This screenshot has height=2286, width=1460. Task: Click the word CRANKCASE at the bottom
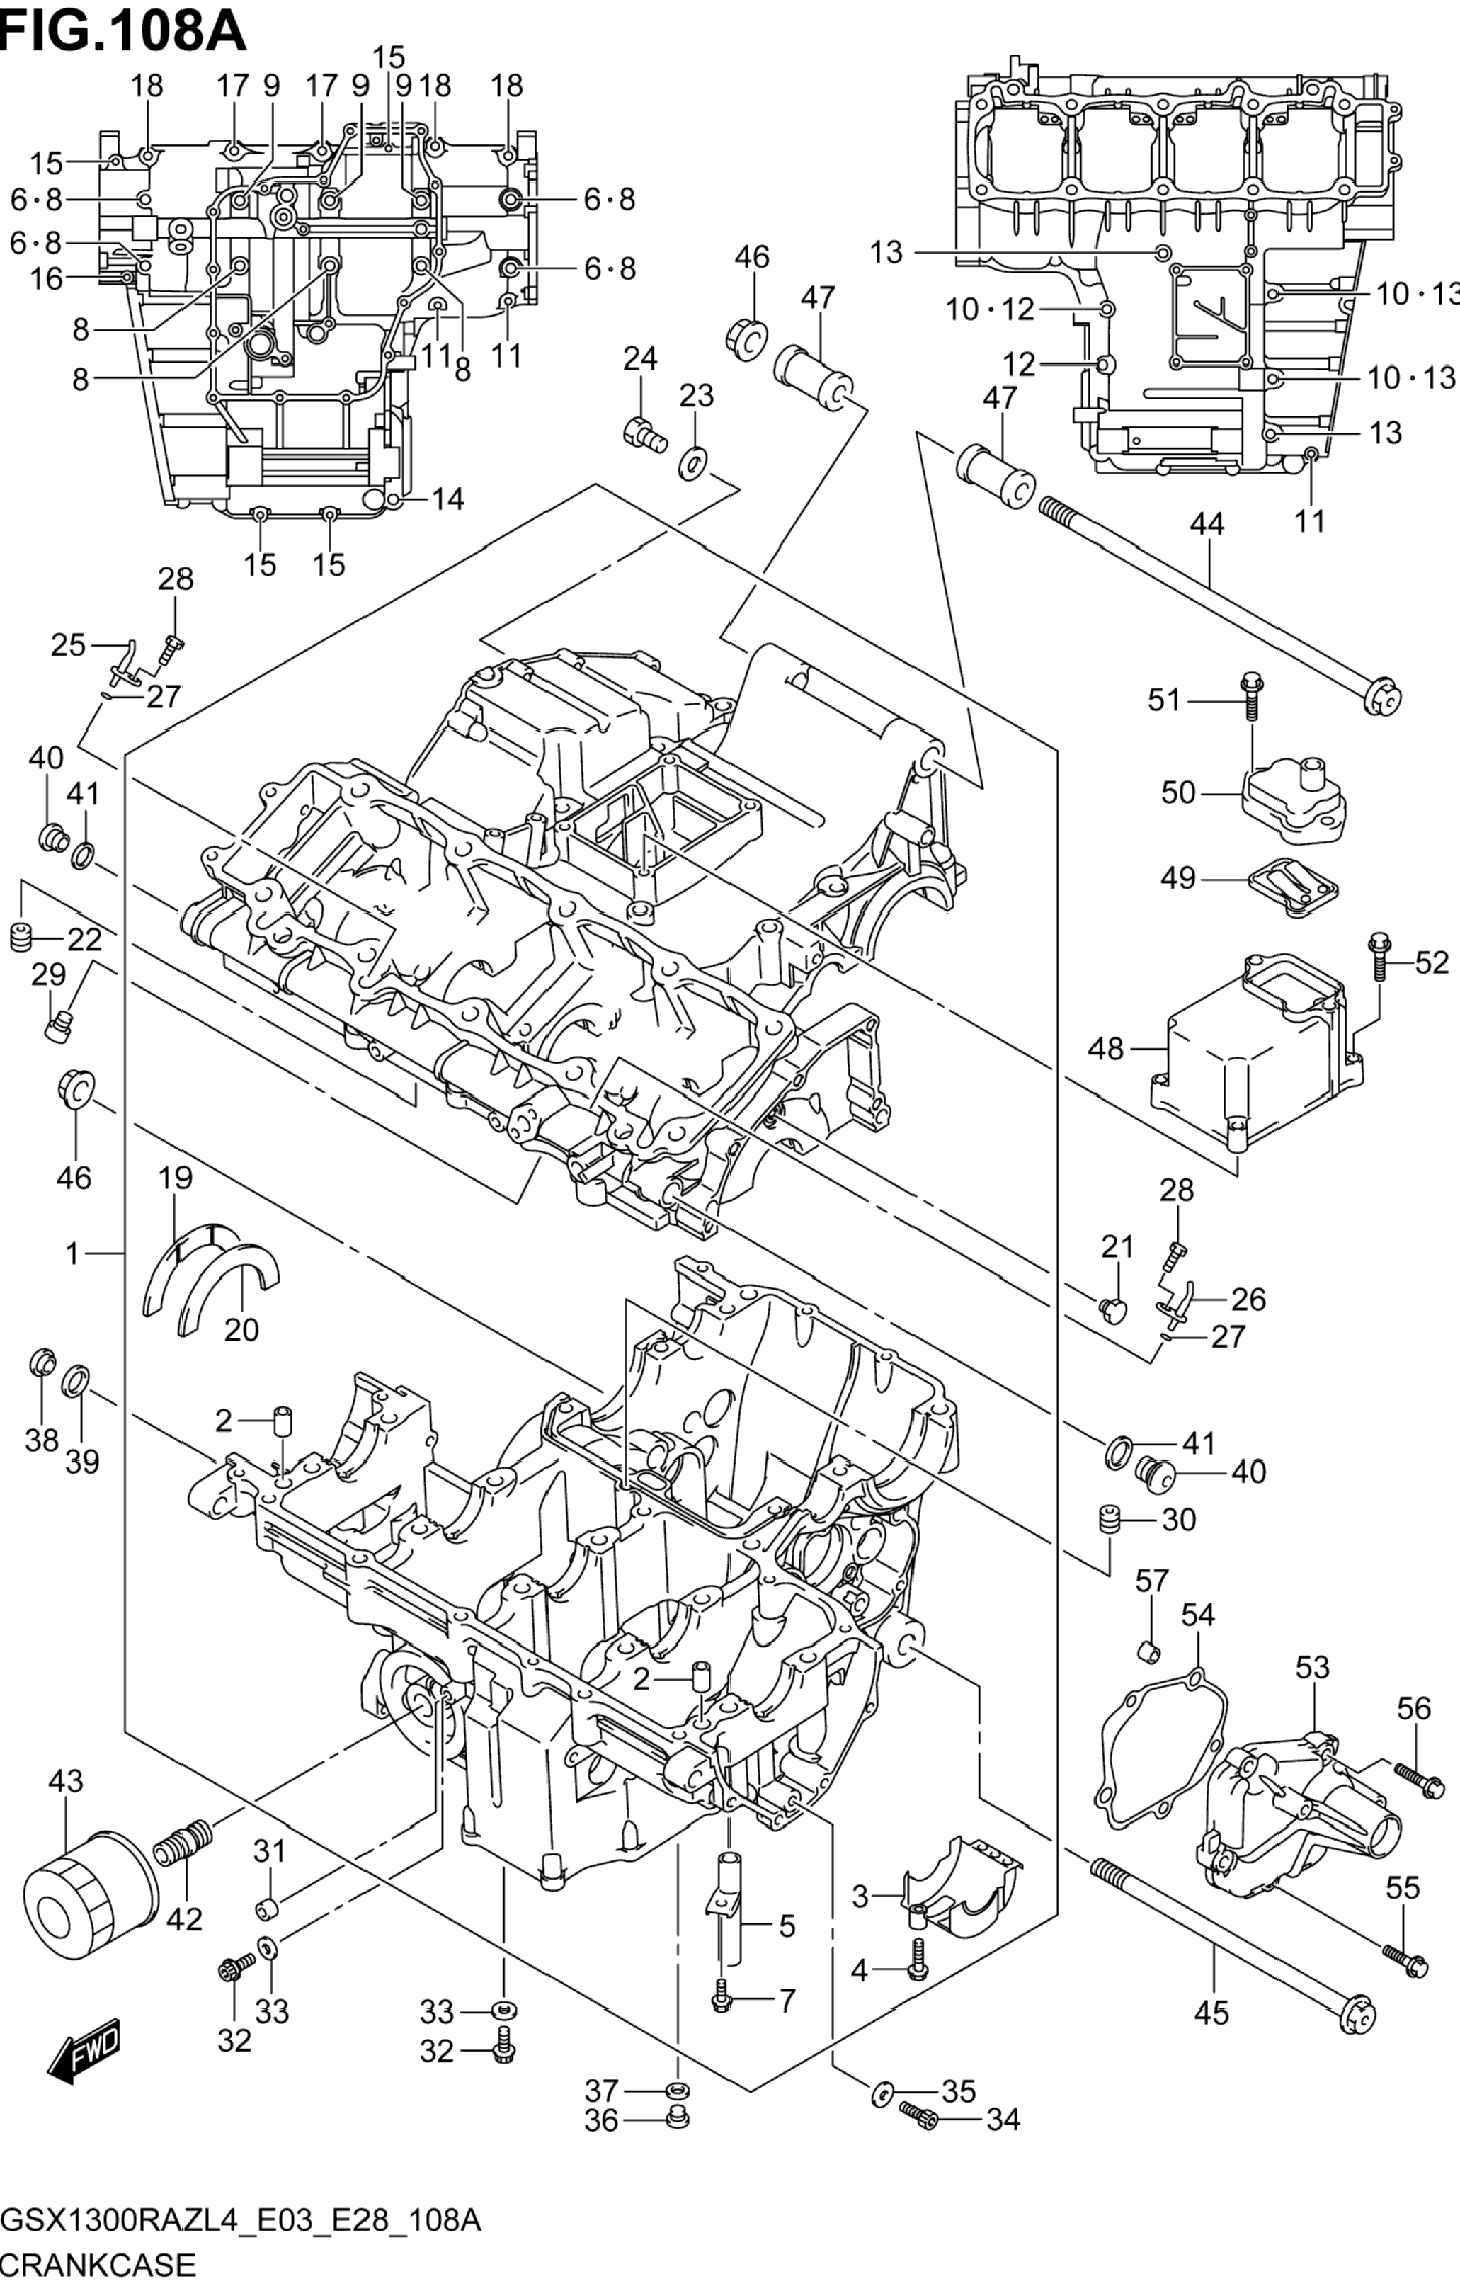click(x=98, y=2266)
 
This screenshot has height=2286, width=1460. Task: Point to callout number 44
click(x=1207, y=523)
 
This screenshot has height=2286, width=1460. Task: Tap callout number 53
click(x=1312, y=1667)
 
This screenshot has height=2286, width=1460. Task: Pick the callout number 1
click(x=73, y=1254)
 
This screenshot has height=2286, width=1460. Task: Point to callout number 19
click(x=176, y=1178)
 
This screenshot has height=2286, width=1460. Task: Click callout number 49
click(x=1178, y=878)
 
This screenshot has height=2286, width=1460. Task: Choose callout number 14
click(x=446, y=499)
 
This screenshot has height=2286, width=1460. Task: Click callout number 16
click(x=45, y=279)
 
